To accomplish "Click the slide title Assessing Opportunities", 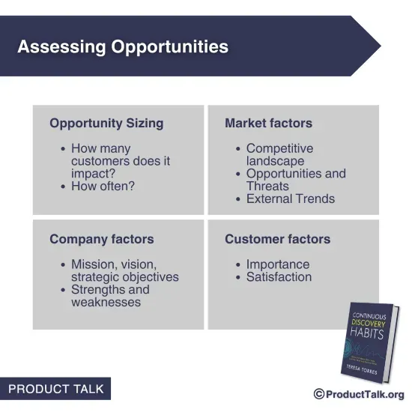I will tap(123, 46).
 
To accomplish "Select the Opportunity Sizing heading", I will tap(106, 123).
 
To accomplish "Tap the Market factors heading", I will tap(268, 123).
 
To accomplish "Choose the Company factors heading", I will tap(102, 240).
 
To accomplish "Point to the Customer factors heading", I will tap(277, 240).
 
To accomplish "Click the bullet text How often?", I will tap(103, 186).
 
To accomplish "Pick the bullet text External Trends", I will tap(291, 199).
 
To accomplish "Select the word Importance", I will tap(277, 264).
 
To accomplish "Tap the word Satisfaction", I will tap(279, 277).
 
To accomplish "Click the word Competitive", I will tap(279, 148).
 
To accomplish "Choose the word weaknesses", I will tap(106, 302).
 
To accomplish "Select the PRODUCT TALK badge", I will tap(55, 390).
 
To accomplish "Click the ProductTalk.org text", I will tap(365, 394).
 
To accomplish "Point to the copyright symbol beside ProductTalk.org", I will tap(318, 394).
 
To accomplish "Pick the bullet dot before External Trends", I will tap(237, 199).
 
